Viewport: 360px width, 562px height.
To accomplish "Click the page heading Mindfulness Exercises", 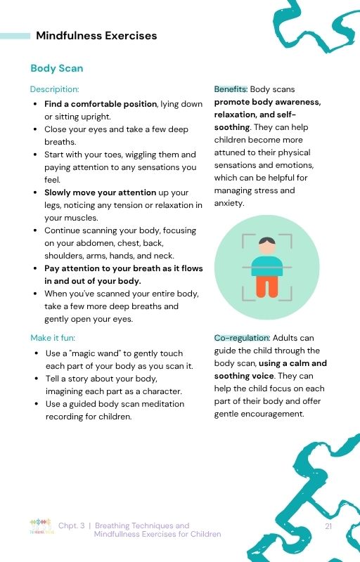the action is pyautogui.click(x=96, y=36).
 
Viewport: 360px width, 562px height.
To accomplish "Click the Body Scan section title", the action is pyautogui.click(x=56, y=68).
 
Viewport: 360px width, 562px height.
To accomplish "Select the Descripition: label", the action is pyautogui.click(x=54, y=89).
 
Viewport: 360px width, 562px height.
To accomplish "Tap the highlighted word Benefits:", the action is pyautogui.click(x=231, y=89).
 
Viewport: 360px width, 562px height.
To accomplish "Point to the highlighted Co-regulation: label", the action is pyautogui.click(x=242, y=338).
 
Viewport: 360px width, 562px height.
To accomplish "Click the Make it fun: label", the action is pyautogui.click(x=53, y=338).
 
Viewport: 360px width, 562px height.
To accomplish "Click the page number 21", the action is pyautogui.click(x=328, y=525).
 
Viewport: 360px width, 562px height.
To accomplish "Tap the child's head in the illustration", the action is pyautogui.click(x=266, y=246).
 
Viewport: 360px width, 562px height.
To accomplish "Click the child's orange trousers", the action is pyautogui.click(x=266, y=285).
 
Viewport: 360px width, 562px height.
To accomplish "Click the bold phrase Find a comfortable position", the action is pyautogui.click(x=101, y=104).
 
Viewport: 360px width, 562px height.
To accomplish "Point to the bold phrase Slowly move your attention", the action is pyautogui.click(x=107, y=192).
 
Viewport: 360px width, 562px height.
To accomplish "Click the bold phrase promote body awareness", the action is pyautogui.click(x=267, y=102).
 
